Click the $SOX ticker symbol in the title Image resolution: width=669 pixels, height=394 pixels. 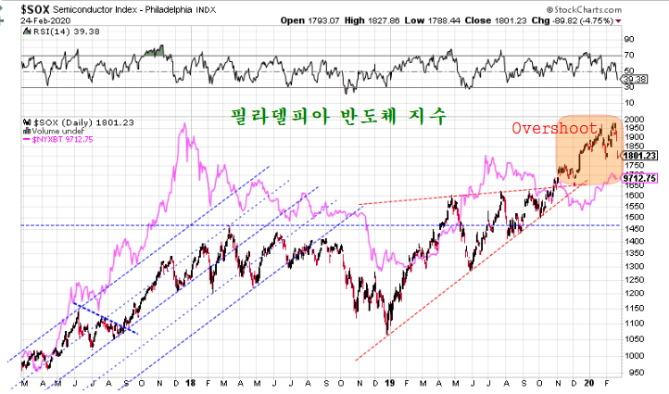tap(20, 9)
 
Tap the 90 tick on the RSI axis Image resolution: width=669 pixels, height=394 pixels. tap(627, 40)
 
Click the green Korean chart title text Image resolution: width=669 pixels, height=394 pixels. tap(338, 117)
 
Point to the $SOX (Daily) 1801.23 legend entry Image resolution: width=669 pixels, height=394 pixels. tap(70, 121)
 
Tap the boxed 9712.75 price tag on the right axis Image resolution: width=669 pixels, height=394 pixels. tap(638, 178)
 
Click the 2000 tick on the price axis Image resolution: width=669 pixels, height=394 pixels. tap(634, 121)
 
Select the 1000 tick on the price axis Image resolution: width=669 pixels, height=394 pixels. tap(634, 354)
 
